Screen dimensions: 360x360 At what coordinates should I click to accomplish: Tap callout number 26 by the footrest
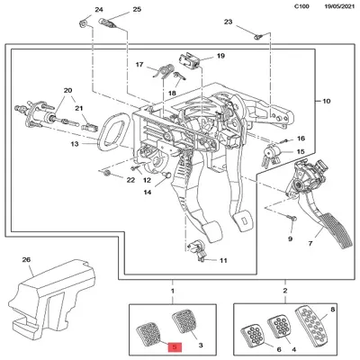point(26,261)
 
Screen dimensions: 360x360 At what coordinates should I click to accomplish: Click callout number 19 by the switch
point(219,56)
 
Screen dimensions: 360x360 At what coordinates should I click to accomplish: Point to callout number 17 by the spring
point(139,65)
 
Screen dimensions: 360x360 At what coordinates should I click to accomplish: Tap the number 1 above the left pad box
point(173,292)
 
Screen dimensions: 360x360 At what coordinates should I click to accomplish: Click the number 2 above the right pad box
point(285,292)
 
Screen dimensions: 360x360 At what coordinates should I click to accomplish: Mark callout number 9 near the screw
point(291,240)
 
